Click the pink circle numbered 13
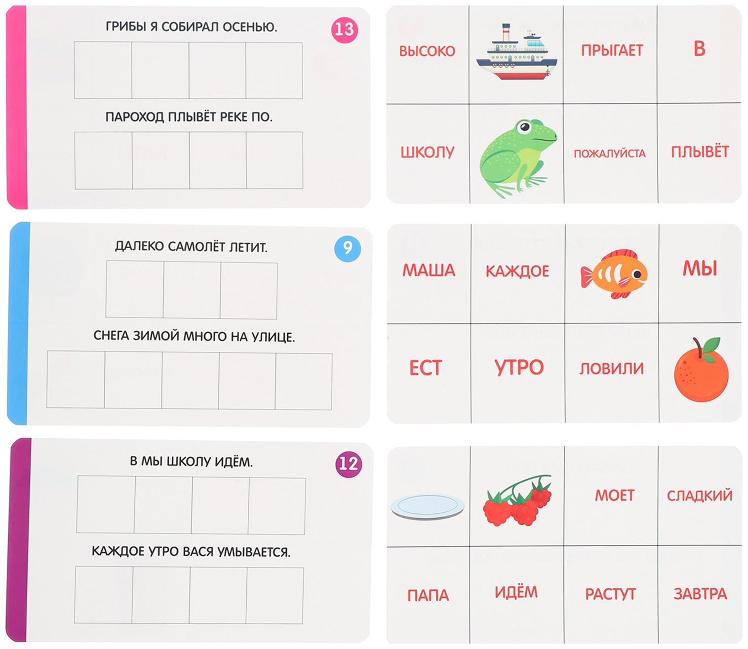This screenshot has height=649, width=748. [345, 29]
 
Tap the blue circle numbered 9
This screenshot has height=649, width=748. [347, 248]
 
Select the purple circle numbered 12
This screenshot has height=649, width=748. [349, 464]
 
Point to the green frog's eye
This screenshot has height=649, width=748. [525, 126]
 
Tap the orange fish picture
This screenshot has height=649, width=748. [614, 274]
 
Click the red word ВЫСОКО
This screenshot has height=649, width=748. [427, 51]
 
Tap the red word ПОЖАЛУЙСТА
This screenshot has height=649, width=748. [609, 153]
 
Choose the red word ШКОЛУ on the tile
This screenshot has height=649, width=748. [427, 152]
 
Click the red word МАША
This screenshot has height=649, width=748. [429, 270]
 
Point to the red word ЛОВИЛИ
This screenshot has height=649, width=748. [611, 368]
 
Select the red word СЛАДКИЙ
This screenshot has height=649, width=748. [700, 496]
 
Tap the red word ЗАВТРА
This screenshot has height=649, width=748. [700, 594]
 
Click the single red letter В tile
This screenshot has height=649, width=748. [699, 49]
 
